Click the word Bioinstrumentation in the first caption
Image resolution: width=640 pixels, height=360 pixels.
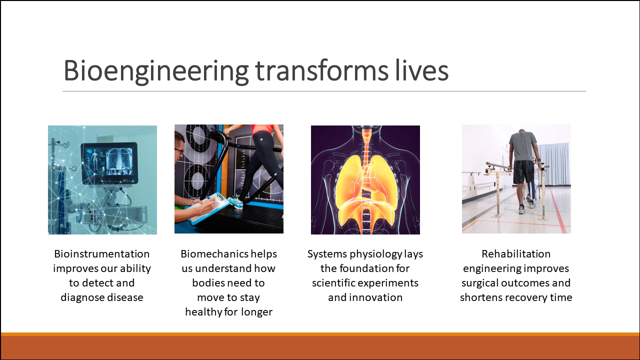click(x=102, y=253)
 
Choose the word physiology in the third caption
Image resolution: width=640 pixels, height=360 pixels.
click(x=376, y=254)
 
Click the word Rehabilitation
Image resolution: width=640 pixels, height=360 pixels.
click(x=516, y=253)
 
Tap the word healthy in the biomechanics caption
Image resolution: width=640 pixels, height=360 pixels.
click(x=203, y=312)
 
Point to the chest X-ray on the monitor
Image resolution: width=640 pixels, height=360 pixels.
click(x=119, y=161)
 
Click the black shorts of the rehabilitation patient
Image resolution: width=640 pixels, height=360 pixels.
click(x=523, y=172)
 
